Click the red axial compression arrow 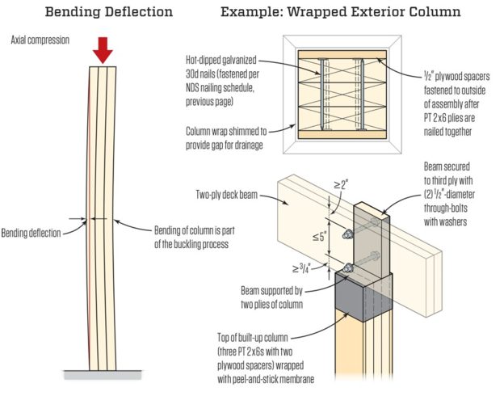click(x=103, y=52)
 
